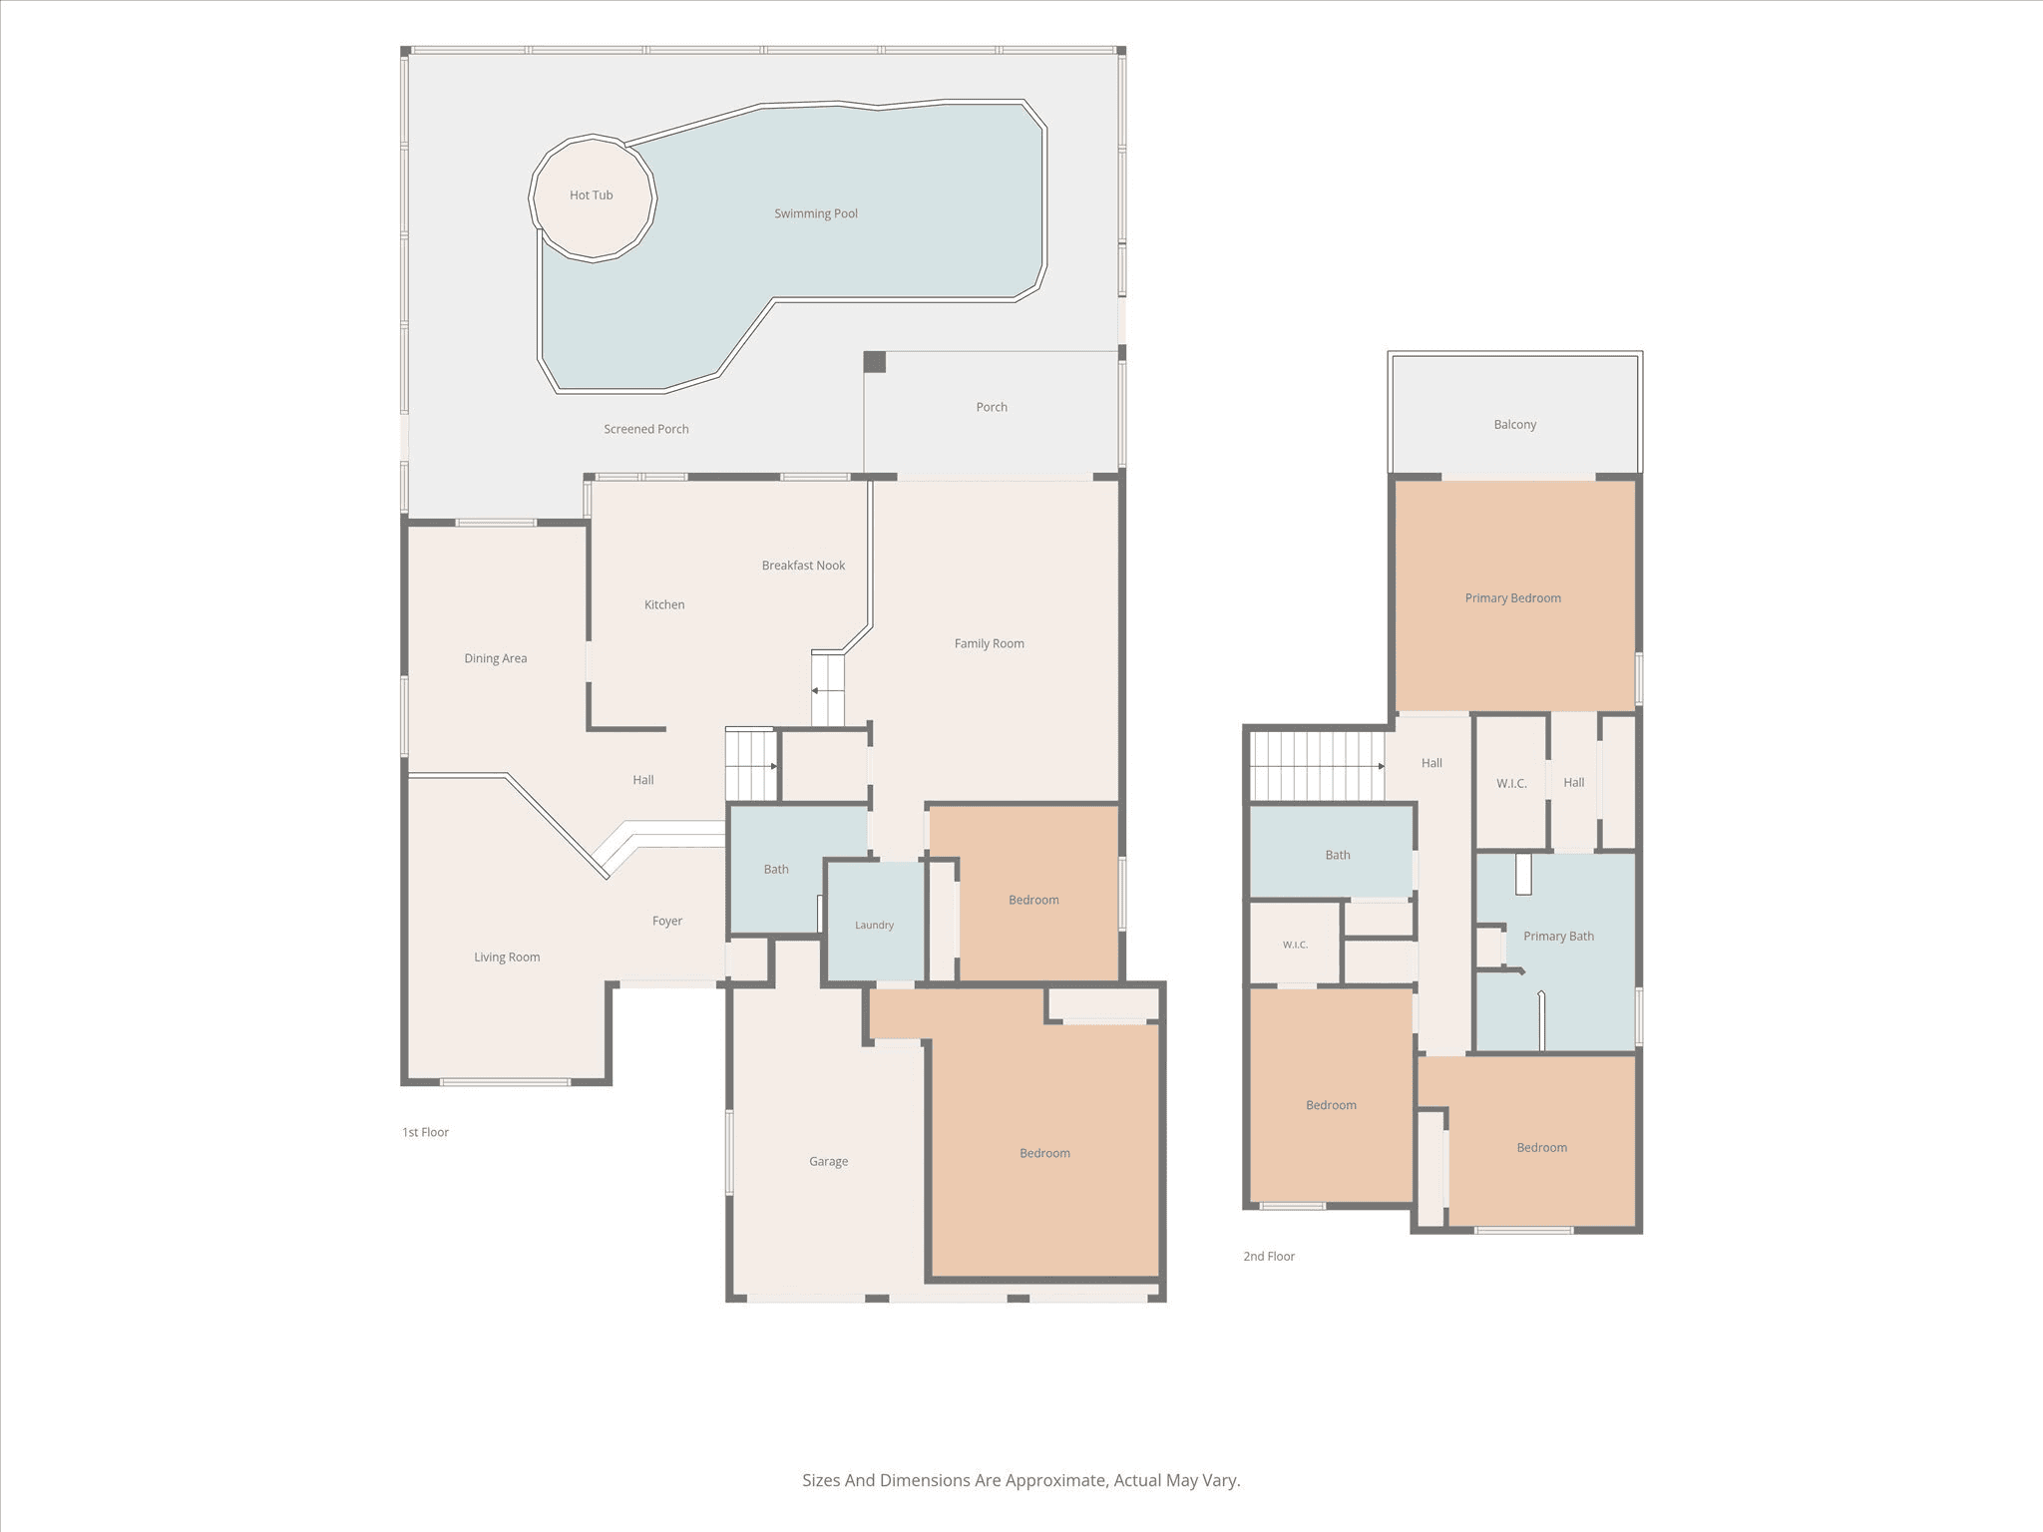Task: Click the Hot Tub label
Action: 591,195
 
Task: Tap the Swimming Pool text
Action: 816,213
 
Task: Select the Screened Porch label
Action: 646,429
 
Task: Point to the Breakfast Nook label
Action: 803,566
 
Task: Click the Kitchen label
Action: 664,604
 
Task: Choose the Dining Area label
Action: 496,658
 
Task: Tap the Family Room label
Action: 990,643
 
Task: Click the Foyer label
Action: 667,921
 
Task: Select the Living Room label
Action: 507,957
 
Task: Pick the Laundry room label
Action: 874,926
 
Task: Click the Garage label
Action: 828,1161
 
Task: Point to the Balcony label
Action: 1515,425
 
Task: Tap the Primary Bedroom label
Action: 1513,598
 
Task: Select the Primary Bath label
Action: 1558,937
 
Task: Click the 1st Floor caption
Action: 425,1132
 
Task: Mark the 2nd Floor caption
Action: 1269,1256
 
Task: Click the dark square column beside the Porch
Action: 874,362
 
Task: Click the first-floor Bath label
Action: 776,870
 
